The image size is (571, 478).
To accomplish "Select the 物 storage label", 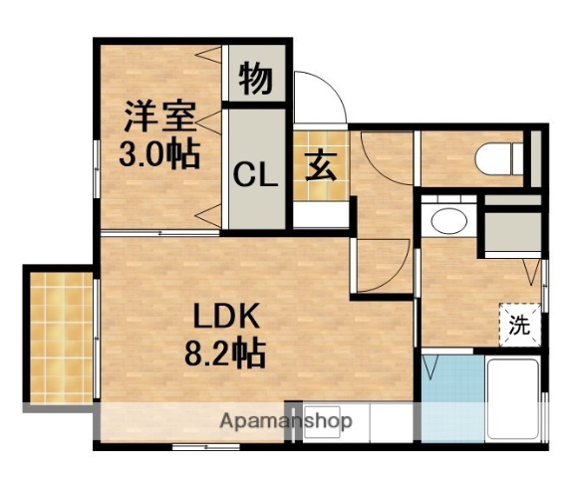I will click(x=257, y=80).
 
